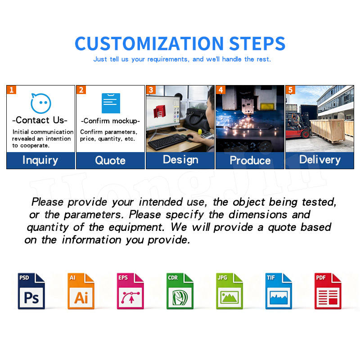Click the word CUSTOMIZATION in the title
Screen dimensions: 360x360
coord(149,44)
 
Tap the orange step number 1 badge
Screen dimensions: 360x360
coord(12,90)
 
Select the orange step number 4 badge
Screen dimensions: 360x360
coord(220,90)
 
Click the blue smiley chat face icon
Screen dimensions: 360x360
coord(40,103)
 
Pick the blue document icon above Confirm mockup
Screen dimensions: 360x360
coord(111,103)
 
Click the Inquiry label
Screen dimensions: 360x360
coord(40,160)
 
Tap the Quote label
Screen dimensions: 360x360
coord(110,160)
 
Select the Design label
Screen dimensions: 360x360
coord(181,160)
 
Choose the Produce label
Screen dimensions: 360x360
coord(250,160)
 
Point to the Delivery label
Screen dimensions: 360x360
coord(320,160)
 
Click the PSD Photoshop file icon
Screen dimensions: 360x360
coord(31,291)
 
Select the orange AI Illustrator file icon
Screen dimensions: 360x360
coord(81,291)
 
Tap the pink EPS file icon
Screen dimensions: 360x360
coord(130,291)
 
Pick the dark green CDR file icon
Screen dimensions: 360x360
coord(180,291)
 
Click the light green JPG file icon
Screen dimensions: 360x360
coord(229,291)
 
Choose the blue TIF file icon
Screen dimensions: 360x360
coord(279,291)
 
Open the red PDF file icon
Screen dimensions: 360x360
coord(328,291)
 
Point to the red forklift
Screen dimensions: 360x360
coord(298,126)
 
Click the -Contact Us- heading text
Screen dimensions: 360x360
coord(40,120)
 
